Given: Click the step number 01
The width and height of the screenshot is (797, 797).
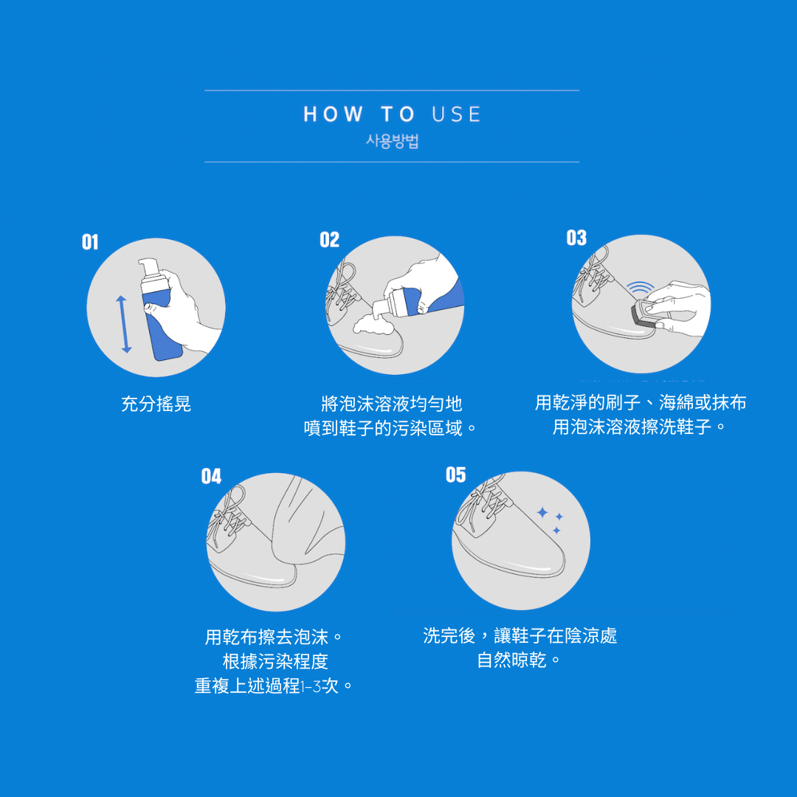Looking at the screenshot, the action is [x=90, y=242].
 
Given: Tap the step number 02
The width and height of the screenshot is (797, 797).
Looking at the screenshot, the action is [x=329, y=239].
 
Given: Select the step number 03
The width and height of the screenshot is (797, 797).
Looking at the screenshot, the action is [x=576, y=238].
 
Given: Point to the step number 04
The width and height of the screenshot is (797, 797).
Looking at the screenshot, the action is [x=211, y=476].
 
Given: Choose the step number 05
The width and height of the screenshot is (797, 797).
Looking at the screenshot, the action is [x=455, y=475].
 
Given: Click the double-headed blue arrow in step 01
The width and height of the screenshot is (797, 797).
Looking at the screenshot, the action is [x=123, y=324].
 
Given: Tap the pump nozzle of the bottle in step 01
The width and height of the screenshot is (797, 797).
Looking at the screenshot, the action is [x=148, y=266].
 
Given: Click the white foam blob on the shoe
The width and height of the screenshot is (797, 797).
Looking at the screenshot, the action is [x=373, y=324].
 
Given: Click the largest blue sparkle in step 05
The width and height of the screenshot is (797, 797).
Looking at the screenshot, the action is [x=543, y=512].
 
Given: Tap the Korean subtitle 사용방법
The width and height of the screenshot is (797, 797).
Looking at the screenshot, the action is [x=392, y=141].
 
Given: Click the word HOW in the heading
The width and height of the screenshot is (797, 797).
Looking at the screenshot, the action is [x=334, y=114].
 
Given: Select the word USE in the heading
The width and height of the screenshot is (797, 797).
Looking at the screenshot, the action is [x=456, y=114].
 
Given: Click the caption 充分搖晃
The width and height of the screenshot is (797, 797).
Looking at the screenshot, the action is [x=156, y=404].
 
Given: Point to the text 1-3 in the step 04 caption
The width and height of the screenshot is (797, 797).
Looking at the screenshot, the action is [x=311, y=687].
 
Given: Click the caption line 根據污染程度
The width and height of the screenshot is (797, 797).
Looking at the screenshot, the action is [x=275, y=661].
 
